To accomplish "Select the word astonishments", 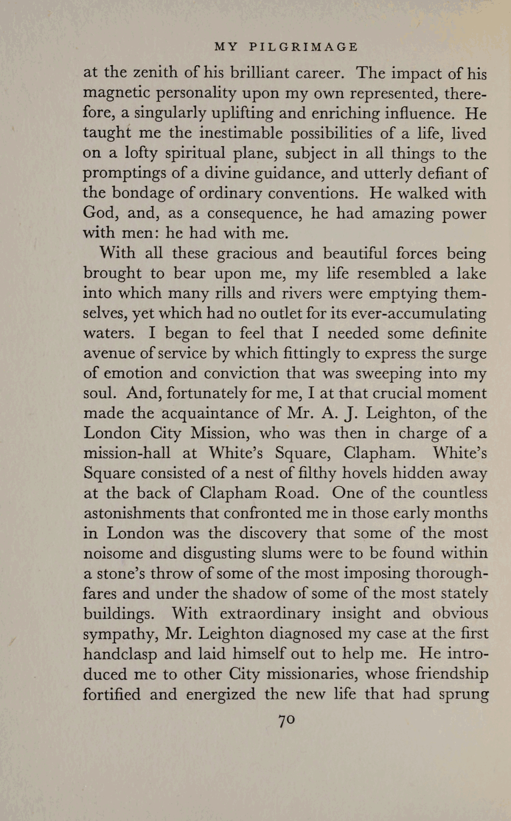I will (133, 512).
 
